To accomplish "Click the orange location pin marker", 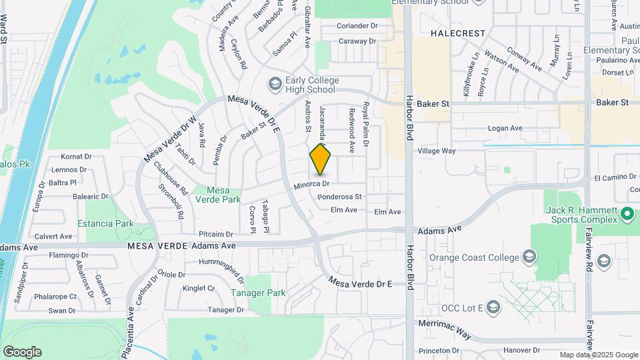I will [x=321, y=160].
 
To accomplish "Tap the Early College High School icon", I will [x=274, y=84].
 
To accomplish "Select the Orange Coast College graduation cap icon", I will [x=529, y=257].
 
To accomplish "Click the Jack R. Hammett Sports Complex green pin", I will [x=627, y=214].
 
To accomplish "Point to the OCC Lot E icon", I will [x=493, y=307].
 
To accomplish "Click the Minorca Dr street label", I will [x=312, y=183].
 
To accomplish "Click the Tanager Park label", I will [x=258, y=293].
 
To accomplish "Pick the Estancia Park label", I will [x=105, y=224].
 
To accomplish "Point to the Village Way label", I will [x=436, y=151].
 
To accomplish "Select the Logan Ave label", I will [x=505, y=128].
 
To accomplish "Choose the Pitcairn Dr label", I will [x=215, y=235].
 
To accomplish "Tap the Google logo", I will [x=22, y=351].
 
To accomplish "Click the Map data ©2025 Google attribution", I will [x=598, y=355].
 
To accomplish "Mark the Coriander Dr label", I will [x=357, y=25].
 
